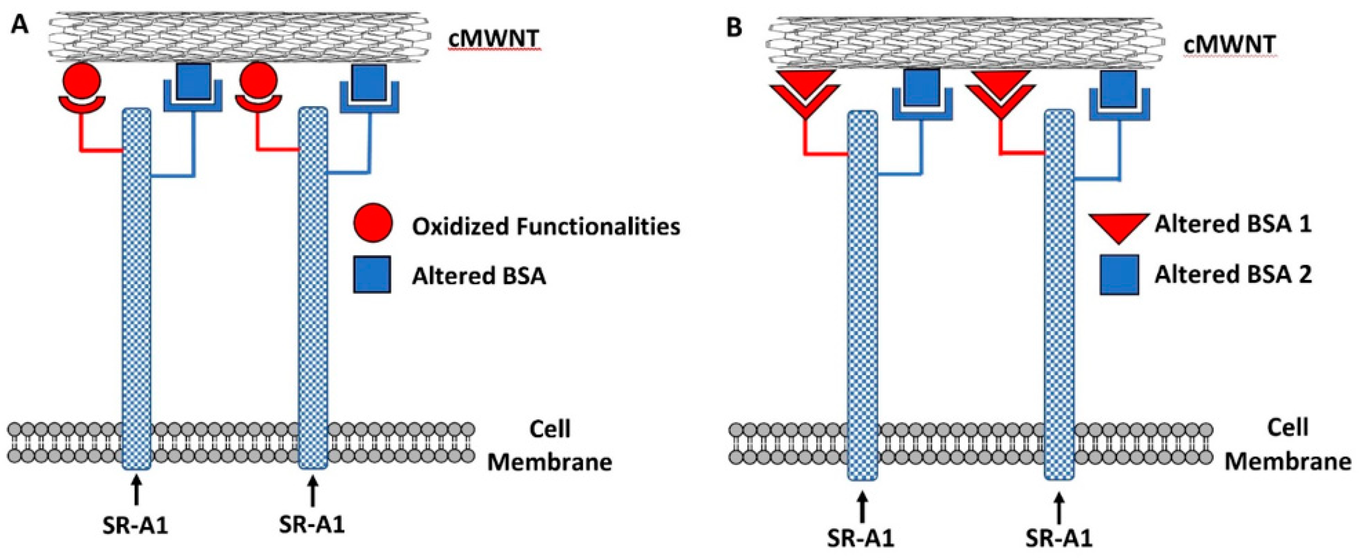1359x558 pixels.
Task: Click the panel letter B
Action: [734, 27]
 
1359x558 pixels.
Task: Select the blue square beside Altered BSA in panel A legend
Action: [372, 274]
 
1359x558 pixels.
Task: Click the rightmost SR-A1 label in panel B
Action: [1059, 539]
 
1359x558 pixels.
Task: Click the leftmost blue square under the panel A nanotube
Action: [192, 82]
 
